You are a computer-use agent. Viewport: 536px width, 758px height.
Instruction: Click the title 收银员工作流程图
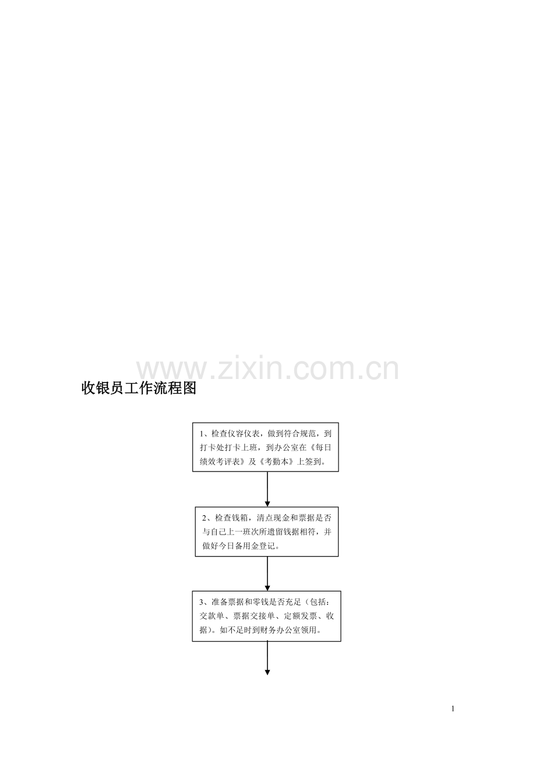point(139,388)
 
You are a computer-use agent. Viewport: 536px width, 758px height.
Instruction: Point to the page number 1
point(453,709)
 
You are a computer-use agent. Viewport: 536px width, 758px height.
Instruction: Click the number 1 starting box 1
point(202,434)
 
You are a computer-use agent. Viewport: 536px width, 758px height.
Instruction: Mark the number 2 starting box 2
point(204,518)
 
